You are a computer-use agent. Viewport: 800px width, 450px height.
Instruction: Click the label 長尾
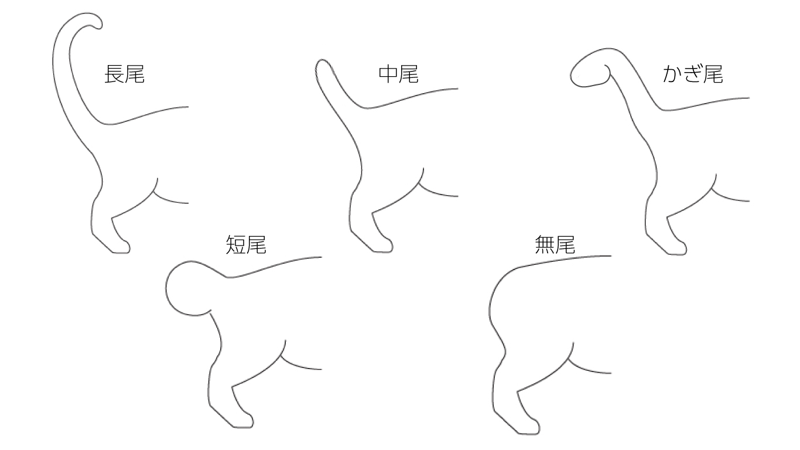click(124, 74)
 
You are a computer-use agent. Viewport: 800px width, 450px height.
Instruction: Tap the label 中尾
click(398, 74)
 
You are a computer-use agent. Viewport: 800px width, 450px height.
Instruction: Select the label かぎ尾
click(693, 74)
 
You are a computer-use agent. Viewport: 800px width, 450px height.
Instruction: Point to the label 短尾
click(246, 244)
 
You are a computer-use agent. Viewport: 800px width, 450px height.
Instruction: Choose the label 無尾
click(555, 244)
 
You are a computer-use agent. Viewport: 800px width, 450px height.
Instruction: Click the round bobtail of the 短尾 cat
click(186, 288)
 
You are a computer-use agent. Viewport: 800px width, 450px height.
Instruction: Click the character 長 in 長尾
click(114, 74)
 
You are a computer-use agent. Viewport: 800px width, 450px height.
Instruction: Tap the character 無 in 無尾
click(545, 244)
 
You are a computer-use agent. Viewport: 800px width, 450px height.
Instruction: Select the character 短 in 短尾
click(235, 244)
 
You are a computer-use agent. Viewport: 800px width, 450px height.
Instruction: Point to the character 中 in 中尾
click(388, 74)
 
